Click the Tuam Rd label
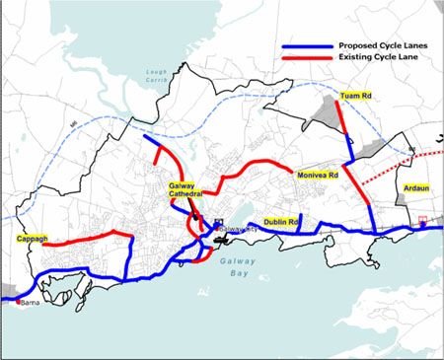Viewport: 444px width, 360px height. tap(355, 96)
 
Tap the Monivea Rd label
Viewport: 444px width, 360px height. tap(318, 175)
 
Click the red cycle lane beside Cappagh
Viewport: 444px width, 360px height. tap(89, 237)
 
